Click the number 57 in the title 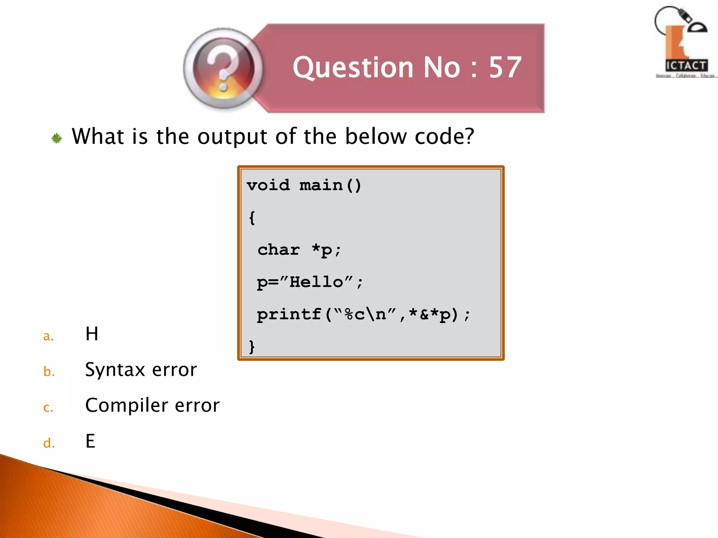(505, 67)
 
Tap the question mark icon (223, 69)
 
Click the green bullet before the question (56, 138)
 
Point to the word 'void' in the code (268, 185)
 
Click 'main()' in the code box (330, 185)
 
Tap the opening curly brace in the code (252, 218)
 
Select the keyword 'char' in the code (279, 250)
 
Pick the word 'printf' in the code (289, 314)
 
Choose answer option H (92, 334)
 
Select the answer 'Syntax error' (141, 370)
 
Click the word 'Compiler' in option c (127, 406)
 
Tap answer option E (90, 441)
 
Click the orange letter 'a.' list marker (48, 336)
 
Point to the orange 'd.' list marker (49, 443)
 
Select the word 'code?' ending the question (444, 137)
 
